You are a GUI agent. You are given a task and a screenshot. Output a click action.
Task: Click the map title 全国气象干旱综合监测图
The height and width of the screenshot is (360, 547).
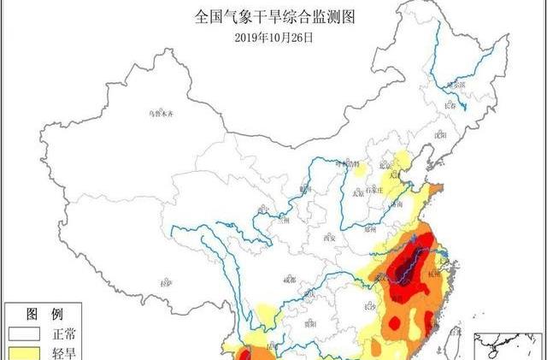coord(273,15)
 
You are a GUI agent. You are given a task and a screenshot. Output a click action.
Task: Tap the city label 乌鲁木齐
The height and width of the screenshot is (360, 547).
coord(161,113)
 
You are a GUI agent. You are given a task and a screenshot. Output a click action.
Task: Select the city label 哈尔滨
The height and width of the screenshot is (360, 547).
coord(456,85)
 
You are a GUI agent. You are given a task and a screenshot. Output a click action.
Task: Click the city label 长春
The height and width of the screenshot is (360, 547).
coord(451,105)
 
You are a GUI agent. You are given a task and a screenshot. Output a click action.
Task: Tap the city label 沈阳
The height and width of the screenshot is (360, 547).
coord(440,134)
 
